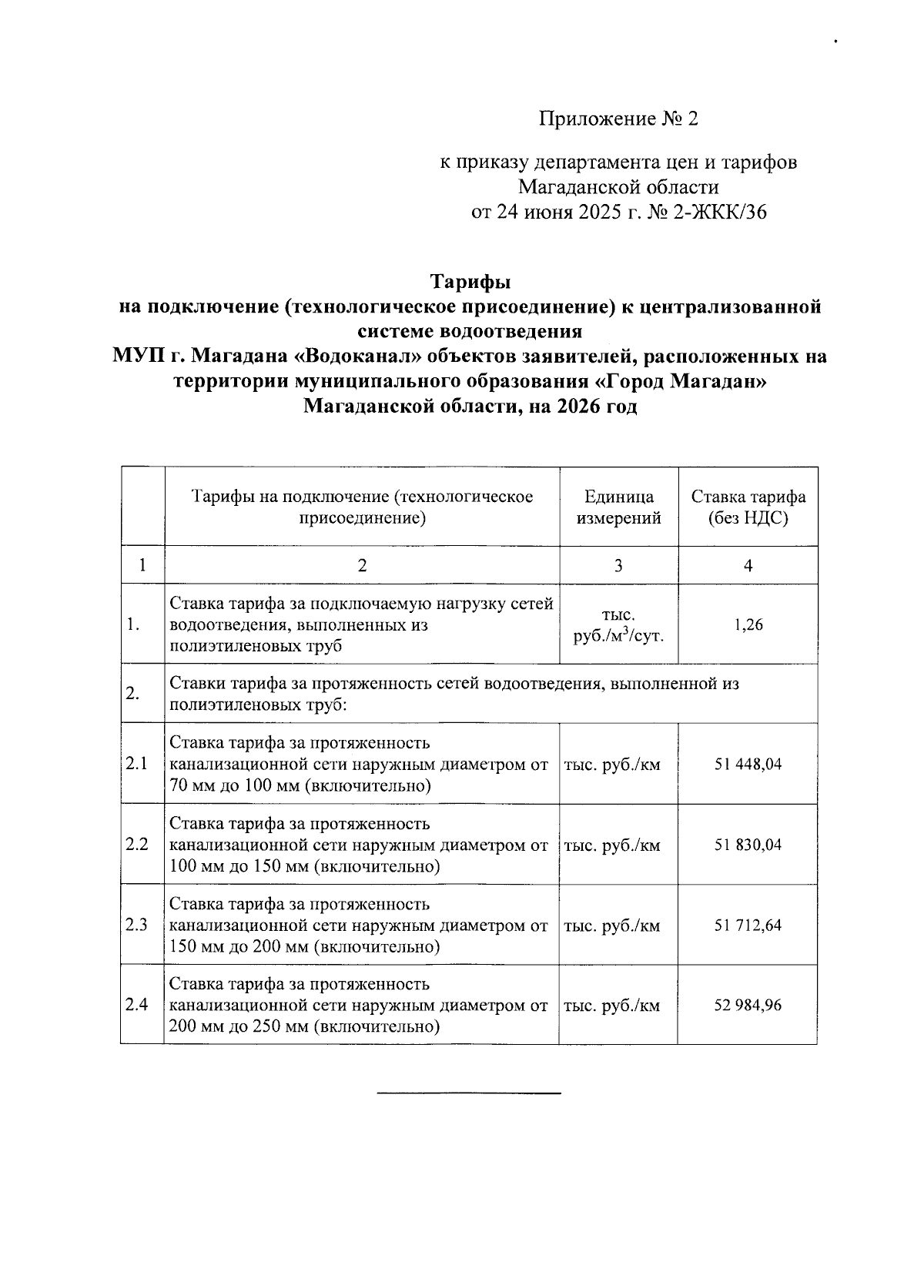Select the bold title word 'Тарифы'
[x=470, y=281]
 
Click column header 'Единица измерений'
[x=618, y=507]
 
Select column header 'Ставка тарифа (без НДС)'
[x=748, y=507]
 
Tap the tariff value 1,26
[x=748, y=624]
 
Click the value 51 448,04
[x=748, y=765]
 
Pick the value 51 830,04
[x=748, y=845]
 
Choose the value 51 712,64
[x=748, y=925]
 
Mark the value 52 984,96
[x=748, y=1005]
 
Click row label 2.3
[x=136, y=925]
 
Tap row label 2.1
[x=136, y=765]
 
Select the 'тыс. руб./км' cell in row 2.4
[x=612, y=1006]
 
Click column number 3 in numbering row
[x=618, y=566]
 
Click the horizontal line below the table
[x=469, y=1093]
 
